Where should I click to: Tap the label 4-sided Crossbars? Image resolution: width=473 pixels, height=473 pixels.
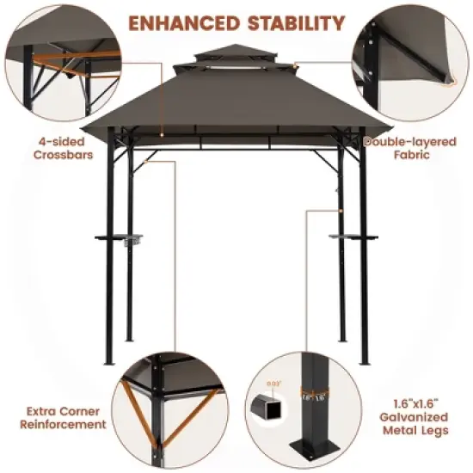pyautogui.click(x=60, y=149)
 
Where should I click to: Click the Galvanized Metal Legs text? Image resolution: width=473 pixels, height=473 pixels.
pyautogui.click(x=420, y=418)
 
